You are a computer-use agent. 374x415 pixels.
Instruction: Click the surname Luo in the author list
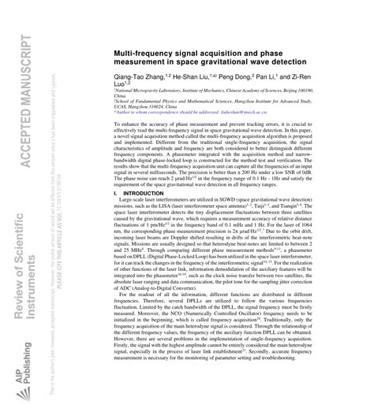(122, 89)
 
